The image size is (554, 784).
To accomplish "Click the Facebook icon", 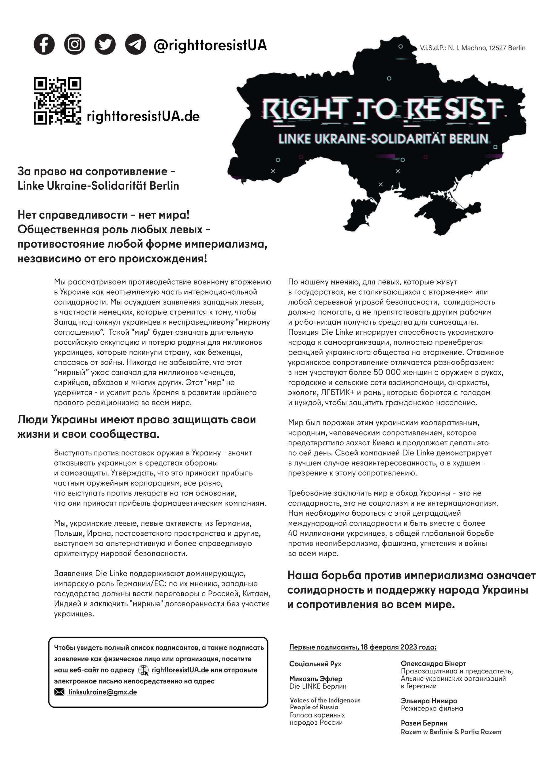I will click(44, 44).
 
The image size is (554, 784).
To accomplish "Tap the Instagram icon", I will click(74, 44).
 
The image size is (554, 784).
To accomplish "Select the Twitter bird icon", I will click(105, 44).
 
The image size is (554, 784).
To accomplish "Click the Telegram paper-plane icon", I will click(136, 44).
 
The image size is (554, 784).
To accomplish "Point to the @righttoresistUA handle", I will click(210, 45).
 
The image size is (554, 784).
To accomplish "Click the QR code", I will click(57, 101).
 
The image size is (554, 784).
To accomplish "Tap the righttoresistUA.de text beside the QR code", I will click(143, 116).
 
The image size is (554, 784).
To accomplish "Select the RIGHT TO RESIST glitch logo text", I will click(382, 109).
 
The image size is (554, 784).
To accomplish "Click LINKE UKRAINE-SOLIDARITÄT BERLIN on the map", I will click(383, 139).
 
